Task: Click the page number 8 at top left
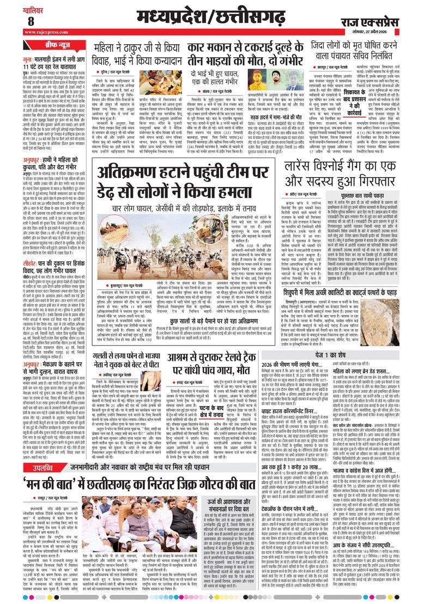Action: pyautogui.click(x=15, y=21)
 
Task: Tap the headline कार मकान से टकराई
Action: pyautogui.click(x=255, y=53)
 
